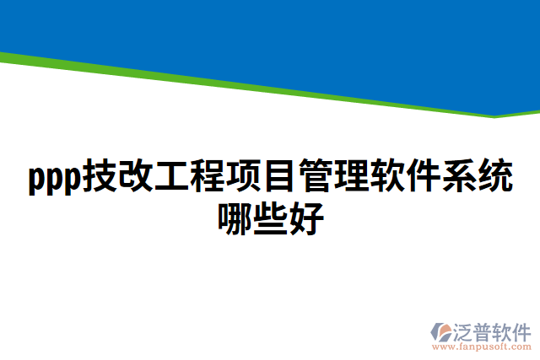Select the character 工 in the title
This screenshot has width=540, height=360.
pos(171,178)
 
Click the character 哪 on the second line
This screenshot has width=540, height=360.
pos(233,217)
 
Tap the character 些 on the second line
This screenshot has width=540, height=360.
pos(270,217)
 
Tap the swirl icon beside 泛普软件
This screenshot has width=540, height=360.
pos(443,330)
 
